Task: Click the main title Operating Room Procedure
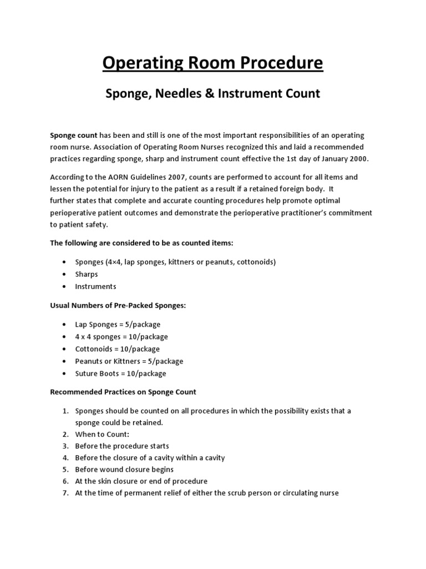[x=212, y=63]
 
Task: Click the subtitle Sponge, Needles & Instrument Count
[x=212, y=93]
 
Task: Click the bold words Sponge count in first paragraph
[x=74, y=135]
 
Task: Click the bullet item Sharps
[x=87, y=274]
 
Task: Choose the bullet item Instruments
[x=95, y=286]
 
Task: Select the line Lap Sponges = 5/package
[x=118, y=324]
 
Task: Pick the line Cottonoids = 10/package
[x=117, y=348]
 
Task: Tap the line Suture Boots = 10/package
[x=120, y=373]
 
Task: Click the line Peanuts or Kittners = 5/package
[x=129, y=361]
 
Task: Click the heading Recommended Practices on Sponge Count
[x=123, y=392]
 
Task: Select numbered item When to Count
[x=102, y=434]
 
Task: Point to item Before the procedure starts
[x=122, y=446]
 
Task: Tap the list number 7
[x=65, y=493]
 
